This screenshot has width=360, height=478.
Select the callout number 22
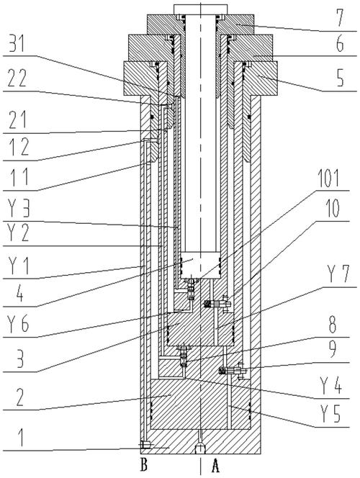(x=18, y=78)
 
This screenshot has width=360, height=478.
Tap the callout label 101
(x=328, y=178)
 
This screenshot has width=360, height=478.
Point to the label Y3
(x=19, y=208)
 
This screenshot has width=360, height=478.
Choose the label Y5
(x=330, y=414)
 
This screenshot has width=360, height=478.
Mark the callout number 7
(x=338, y=18)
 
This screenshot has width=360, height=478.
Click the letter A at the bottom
(x=215, y=466)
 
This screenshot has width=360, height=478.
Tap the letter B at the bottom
(x=143, y=464)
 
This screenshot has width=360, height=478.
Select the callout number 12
(x=19, y=147)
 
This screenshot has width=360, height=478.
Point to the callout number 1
(x=21, y=438)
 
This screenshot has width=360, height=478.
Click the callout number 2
(x=20, y=397)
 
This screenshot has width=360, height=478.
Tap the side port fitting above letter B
(x=145, y=445)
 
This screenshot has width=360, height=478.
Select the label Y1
(x=19, y=266)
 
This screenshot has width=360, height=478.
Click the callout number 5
(x=340, y=77)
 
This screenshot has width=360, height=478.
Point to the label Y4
(x=330, y=384)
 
